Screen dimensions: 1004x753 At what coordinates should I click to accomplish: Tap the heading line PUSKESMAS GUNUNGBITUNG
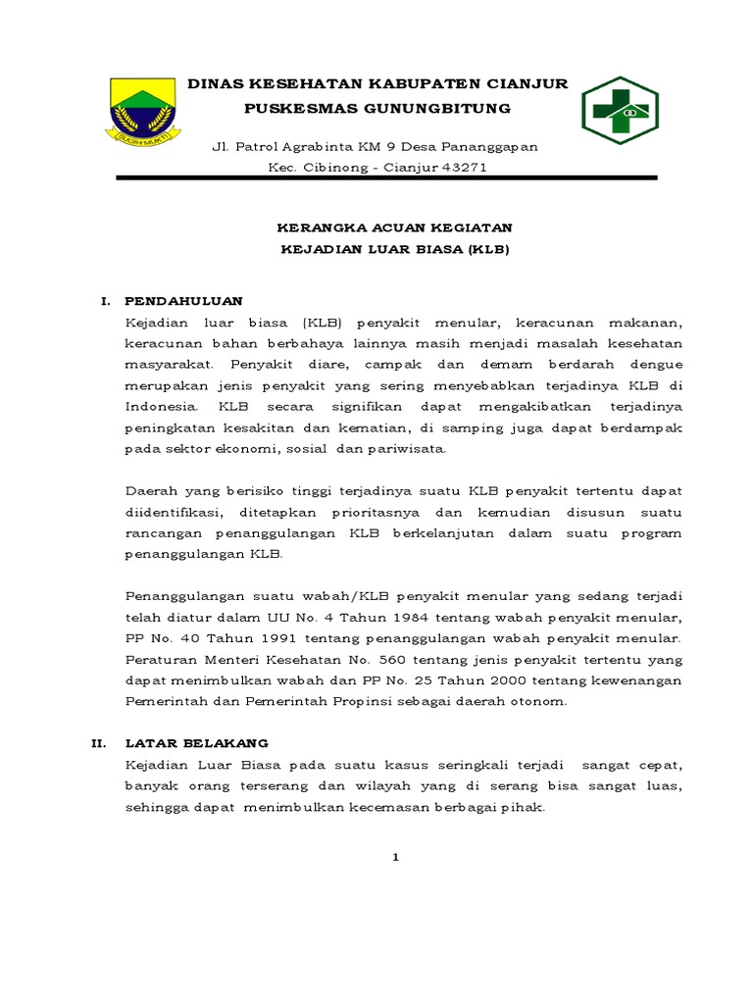click(377, 107)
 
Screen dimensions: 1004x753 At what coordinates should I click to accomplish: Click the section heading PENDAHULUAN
click(184, 299)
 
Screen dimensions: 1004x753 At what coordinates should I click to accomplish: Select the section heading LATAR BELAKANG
click(197, 743)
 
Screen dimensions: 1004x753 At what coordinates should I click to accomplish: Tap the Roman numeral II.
click(99, 743)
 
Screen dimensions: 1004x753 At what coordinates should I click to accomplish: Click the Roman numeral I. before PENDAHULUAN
click(104, 299)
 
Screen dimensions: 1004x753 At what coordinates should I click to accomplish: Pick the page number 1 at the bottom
click(396, 857)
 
